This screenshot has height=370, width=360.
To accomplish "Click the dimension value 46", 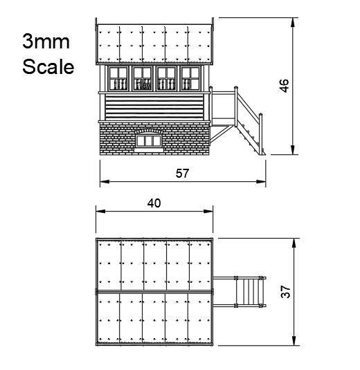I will coord(285,86).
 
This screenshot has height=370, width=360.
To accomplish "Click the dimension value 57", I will coord(182,174).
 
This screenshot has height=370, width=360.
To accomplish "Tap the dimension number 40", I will coord(154,203).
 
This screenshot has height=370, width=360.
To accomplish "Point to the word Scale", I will coord(47,67).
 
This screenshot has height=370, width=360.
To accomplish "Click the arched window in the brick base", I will coord(149,139).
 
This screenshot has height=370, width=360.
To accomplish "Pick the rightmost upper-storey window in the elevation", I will coord(190,78).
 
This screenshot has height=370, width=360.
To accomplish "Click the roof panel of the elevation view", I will coord(154,45).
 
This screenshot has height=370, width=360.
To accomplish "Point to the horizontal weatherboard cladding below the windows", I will coord(154,105).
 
